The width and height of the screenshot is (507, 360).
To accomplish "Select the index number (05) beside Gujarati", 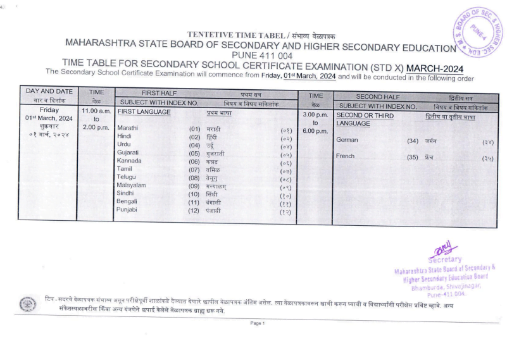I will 194,153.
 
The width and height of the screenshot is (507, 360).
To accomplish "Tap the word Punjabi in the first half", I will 128,209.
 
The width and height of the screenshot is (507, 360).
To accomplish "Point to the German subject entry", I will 348,139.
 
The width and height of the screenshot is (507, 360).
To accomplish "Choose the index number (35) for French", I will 413,156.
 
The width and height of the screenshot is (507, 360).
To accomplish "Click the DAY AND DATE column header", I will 49,92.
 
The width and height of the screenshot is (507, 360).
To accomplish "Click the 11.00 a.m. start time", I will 96,111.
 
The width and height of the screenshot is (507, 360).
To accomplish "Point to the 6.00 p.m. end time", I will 315,131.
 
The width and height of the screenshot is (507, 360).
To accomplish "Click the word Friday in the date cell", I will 49,109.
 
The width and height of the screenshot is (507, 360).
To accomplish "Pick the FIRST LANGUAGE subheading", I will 144,112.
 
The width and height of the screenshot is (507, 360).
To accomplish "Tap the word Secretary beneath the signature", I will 444,259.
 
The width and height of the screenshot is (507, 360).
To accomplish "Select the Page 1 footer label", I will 257,323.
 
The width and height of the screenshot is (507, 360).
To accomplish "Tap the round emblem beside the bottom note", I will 28,304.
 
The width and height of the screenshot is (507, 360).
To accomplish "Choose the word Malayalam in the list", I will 131,185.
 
